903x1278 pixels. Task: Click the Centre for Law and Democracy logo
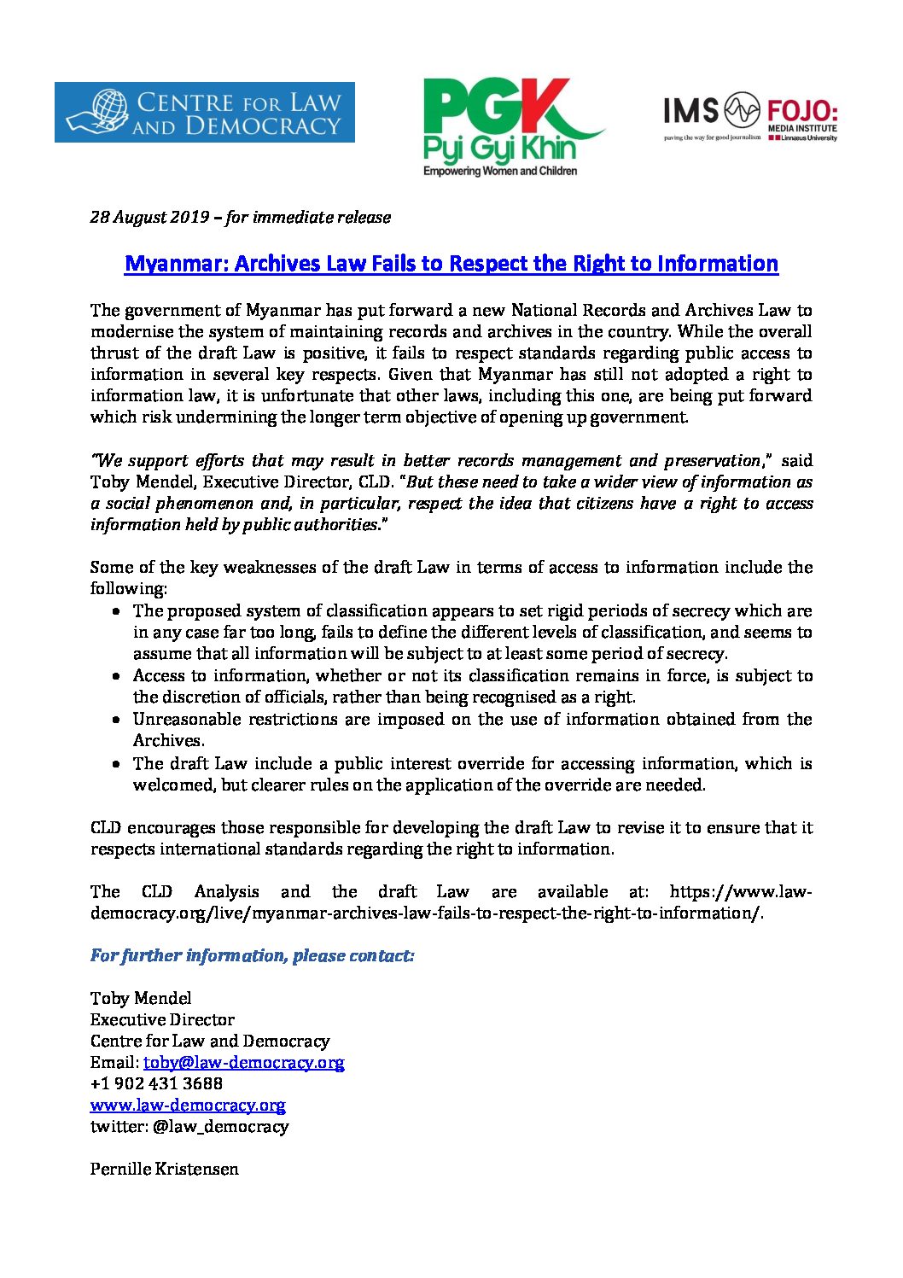(x=204, y=112)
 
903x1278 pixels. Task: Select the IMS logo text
(x=691, y=110)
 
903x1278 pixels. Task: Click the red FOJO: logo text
(x=801, y=111)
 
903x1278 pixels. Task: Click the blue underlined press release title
(x=451, y=263)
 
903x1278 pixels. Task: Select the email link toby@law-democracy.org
(x=243, y=1062)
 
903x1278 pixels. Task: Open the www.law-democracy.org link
(x=188, y=1105)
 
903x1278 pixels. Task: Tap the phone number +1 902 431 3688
(x=156, y=1083)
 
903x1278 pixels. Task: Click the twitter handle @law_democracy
(x=220, y=1126)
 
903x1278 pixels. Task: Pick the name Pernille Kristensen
(x=165, y=1169)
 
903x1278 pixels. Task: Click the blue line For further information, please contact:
(x=252, y=955)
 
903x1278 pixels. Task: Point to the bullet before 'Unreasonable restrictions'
(x=116, y=720)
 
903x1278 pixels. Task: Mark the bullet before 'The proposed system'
(x=116, y=611)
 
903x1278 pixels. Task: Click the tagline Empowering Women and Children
(x=500, y=171)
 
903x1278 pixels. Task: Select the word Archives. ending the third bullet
(x=168, y=740)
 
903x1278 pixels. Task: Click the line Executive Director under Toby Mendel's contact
(x=162, y=1019)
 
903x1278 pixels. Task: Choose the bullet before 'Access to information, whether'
(x=116, y=676)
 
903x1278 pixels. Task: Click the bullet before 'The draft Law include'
(x=116, y=764)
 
